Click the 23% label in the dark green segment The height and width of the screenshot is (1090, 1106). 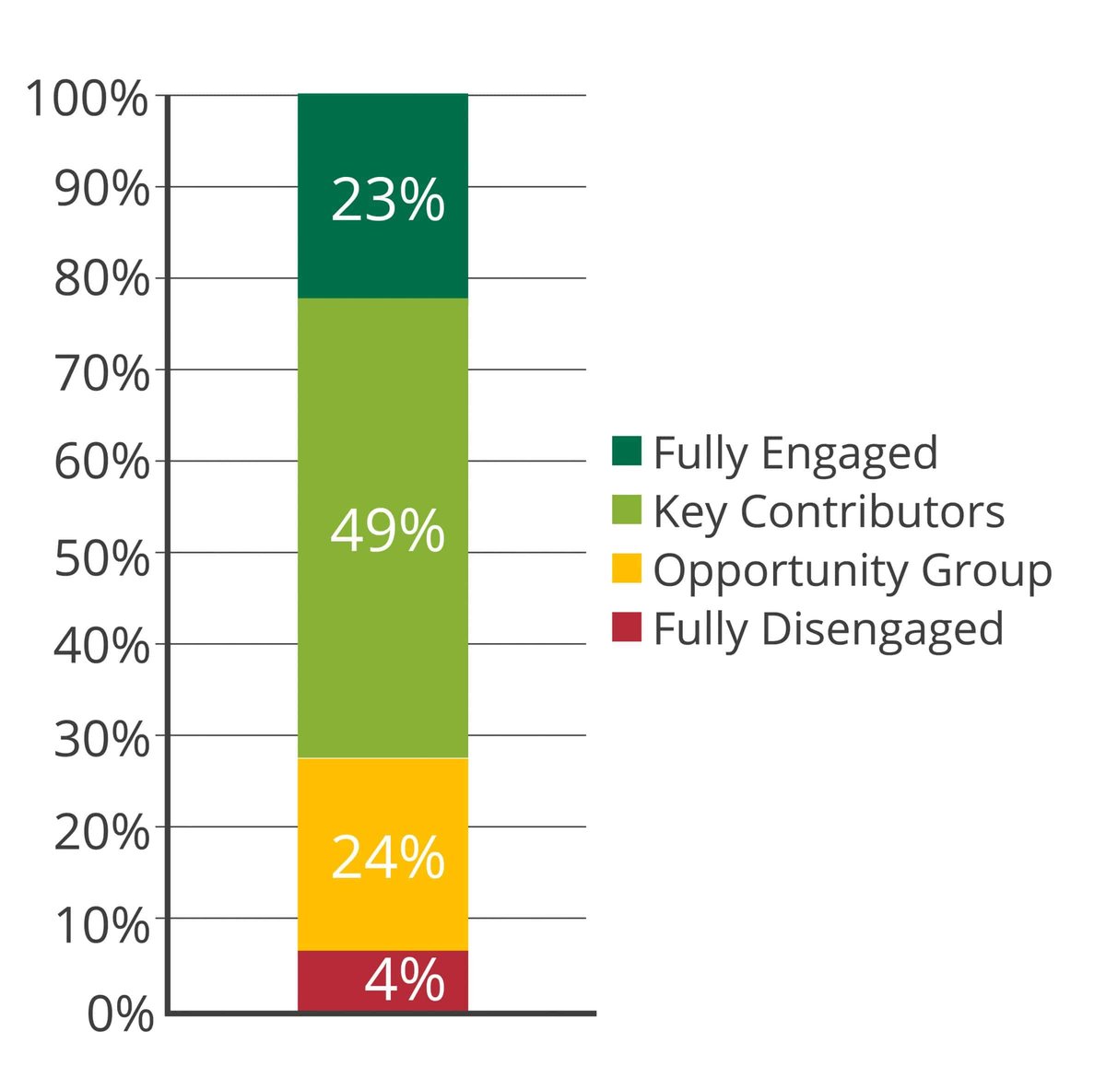click(387, 200)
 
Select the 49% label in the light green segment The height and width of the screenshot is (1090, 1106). click(387, 532)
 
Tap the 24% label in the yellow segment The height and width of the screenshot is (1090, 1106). click(387, 858)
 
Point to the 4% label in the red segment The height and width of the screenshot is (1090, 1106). click(404, 980)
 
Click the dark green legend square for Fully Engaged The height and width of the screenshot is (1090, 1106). click(627, 451)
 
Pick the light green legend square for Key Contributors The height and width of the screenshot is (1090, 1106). click(627, 510)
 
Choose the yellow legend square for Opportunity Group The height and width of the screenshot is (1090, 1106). click(627, 569)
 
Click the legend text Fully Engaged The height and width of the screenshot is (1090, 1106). click(795, 453)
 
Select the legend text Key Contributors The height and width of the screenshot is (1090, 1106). click(829, 512)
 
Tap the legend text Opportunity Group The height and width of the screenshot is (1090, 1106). click(853, 571)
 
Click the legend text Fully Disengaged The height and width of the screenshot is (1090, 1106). click(828, 629)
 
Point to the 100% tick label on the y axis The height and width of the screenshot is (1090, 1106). click(88, 99)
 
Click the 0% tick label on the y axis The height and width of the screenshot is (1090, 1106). click(120, 1014)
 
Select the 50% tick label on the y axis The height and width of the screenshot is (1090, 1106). click(101, 557)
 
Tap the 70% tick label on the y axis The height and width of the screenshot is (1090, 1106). click(101, 374)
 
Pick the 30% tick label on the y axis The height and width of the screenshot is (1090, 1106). click(101, 740)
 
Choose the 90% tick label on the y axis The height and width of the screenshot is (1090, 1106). click(101, 191)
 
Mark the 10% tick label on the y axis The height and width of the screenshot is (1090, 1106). click(101, 924)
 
